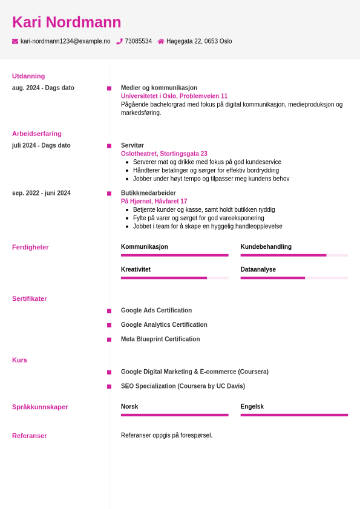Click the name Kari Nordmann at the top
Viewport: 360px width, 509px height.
point(67,22)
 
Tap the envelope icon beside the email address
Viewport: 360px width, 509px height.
point(15,41)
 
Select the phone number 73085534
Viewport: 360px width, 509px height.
point(138,41)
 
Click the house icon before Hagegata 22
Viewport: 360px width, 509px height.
point(161,41)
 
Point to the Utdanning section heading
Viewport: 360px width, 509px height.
point(28,76)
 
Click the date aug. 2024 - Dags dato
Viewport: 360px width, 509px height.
point(43,88)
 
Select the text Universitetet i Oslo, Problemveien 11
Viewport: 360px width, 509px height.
point(174,96)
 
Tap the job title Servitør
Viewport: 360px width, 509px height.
point(133,145)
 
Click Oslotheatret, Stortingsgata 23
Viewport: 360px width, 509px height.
point(164,154)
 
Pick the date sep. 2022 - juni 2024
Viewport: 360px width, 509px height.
point(41,193)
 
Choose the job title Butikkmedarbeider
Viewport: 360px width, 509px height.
point(148,193)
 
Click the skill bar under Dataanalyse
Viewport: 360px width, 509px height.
point(294,278)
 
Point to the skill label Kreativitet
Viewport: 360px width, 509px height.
point(136,269)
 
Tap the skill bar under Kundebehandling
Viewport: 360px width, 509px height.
point(294,255)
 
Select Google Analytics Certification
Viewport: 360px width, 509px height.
point(164,325)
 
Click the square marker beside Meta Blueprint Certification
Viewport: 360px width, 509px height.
point(110,340)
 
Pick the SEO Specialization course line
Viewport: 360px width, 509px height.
point(183,386)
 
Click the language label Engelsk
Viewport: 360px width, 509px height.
point(252,407)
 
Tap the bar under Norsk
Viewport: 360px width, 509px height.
point(174,415)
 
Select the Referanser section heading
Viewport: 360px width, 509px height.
point(29,436)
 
